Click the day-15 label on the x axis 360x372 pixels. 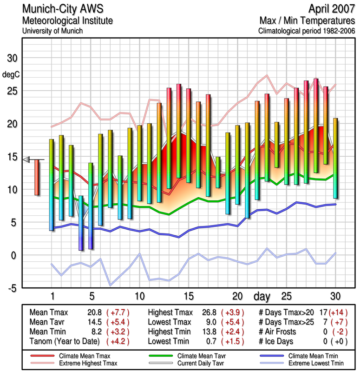tap(188, 296)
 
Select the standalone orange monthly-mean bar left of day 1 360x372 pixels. tap(37, 177)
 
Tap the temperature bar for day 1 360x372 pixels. tap(52, 185)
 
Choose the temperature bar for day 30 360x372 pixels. tap(335, 158)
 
